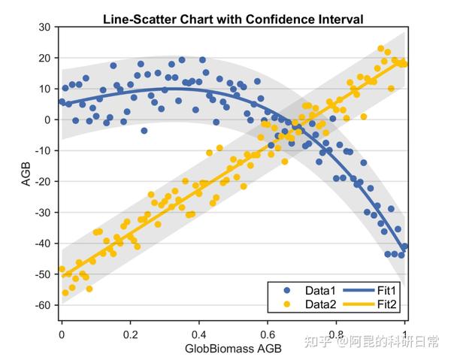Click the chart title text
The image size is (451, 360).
tap(232, 19)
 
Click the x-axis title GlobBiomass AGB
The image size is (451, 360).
tap(233, 349)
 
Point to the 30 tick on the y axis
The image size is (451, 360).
tap(44, 27)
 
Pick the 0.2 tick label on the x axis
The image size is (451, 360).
tap(130, 334)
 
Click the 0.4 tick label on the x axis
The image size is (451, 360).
tap(198, 334)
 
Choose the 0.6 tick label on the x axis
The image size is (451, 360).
tap(267, 334)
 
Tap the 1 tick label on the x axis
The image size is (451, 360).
tap(405, 334)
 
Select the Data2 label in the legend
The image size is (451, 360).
tap(319, 304)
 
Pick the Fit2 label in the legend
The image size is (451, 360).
tap(386, 304)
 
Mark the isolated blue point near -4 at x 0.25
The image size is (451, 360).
tap(144, 131)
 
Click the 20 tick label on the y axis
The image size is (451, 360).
tap(44, 58)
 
